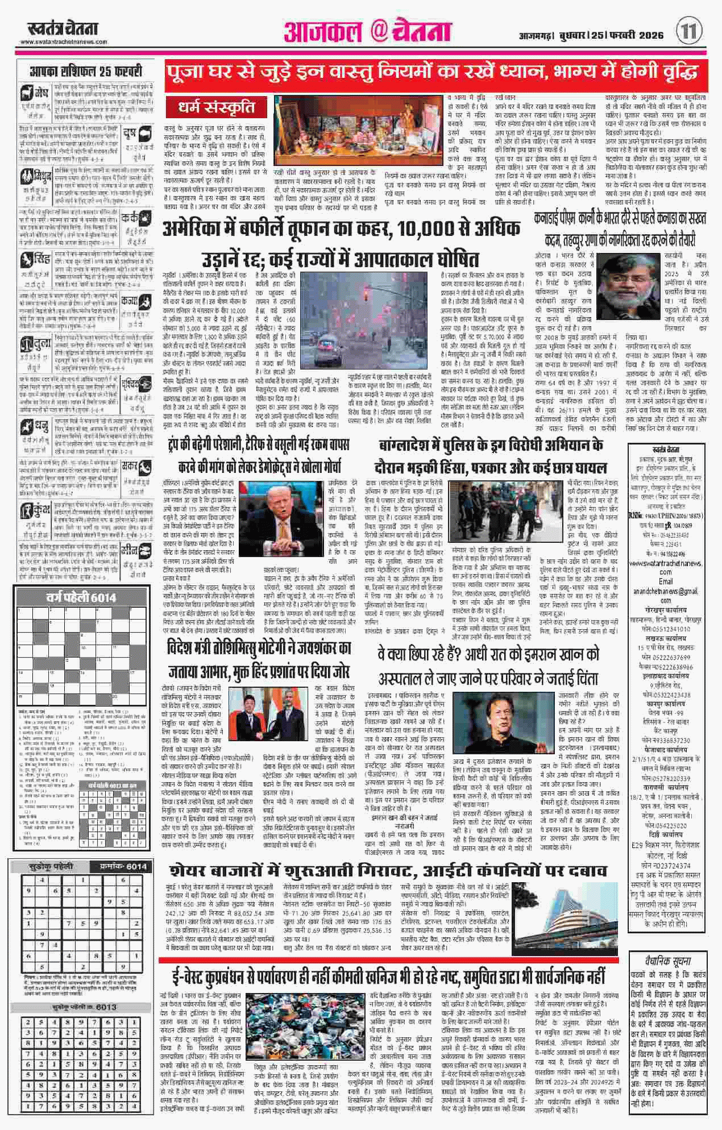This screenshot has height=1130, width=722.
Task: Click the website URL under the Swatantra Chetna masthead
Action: [x=64, y=43]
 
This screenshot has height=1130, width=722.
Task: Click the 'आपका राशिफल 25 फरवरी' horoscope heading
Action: [x=85, y=72]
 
